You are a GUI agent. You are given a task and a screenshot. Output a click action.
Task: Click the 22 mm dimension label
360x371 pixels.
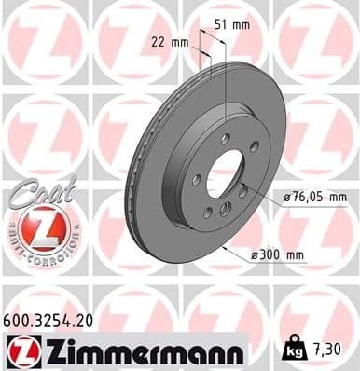[x=169, y=42]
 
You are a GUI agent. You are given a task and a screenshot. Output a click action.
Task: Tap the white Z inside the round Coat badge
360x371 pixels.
[x=37, y=228]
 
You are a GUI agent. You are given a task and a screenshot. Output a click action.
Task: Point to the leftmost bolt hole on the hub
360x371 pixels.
[x=197, y=180]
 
